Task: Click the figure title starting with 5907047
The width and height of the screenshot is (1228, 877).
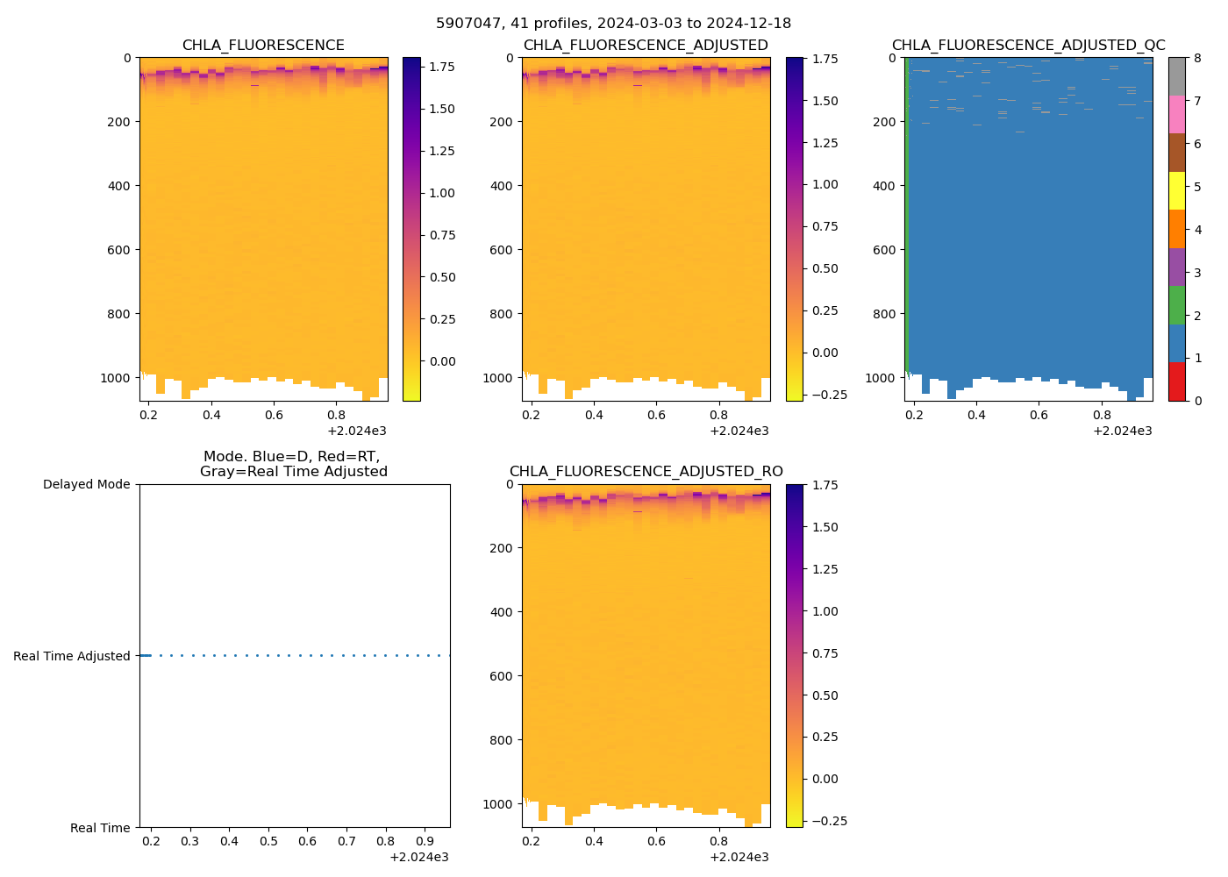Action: pos(613,24)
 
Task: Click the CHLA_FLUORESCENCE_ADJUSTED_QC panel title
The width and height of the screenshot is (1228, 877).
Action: pos(1028,46)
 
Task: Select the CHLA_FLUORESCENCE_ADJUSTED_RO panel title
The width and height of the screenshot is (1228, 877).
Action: pos(646,472)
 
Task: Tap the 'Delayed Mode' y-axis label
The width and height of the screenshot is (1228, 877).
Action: pos(86,485)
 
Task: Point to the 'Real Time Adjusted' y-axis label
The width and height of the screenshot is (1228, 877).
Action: pos(71,656)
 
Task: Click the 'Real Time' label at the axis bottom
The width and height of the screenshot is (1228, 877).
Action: pos(100,828)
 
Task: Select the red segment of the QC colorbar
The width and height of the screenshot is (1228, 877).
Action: pos(1176,381)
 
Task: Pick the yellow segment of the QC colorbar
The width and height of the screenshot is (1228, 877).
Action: pos(1176,191)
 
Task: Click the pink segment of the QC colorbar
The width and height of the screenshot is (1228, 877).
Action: pos(1176,115)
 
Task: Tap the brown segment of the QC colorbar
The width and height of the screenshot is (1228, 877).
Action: pos(1176,153)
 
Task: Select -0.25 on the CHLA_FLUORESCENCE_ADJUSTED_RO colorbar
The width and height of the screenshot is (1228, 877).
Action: pos(820,821)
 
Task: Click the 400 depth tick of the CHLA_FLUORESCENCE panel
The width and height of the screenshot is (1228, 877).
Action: pos(118,186)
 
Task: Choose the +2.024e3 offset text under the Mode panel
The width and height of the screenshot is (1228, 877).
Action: pos(418,857)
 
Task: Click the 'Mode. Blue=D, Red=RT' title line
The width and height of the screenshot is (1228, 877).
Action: pos(291,457)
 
